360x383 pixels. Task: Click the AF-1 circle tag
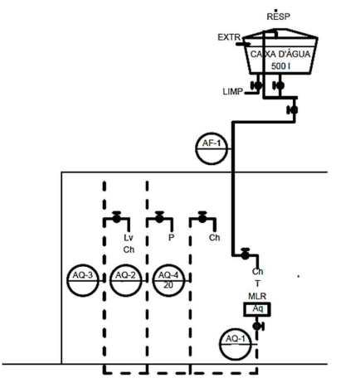(212, 148)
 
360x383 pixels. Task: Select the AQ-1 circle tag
(236, 344)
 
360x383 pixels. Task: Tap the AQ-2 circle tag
(125, 280)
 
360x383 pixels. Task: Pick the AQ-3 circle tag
(83, 280)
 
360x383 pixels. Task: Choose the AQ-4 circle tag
(168, 280)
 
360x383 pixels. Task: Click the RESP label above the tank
(278, 17)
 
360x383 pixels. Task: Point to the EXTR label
(229, 37)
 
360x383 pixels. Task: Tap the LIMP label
(233, 91)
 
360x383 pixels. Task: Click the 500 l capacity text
(280, 66)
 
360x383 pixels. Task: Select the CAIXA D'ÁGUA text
(280, 54)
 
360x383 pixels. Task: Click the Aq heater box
(257, 309)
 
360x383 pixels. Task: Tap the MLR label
(257, 296)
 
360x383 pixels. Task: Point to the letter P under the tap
(171, 238)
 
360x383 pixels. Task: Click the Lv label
(129, 238)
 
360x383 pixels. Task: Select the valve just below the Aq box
(258, 326)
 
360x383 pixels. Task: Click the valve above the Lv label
(117, 217)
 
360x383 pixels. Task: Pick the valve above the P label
(159, 217)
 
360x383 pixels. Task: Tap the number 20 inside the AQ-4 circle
(168, 285)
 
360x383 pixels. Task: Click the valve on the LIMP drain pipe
(257, 85)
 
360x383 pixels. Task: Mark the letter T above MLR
(257, 284)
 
